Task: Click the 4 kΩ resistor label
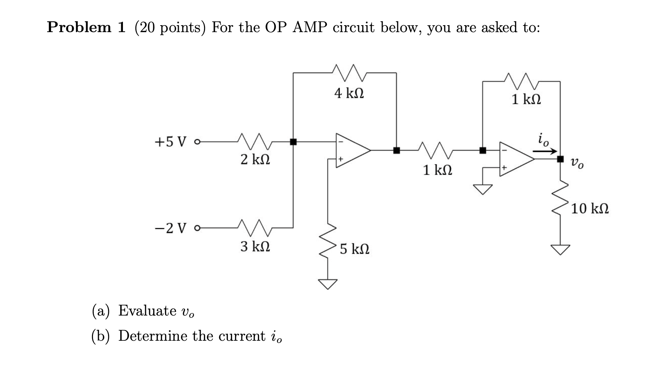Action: pos(349,94)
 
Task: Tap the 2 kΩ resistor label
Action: pos(255,160)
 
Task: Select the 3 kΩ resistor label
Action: pos(255,247)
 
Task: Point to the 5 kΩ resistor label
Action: pos(354,249)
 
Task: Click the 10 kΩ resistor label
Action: pos(590,209)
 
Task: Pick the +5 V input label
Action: pos(171,142)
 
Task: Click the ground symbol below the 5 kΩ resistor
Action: pos(328,284)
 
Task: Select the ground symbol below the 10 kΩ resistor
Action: pos(560,249)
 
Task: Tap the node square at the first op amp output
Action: pos(397,150)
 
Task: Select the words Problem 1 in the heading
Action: pos(86,27)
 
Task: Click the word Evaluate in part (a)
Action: pos(147,310)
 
